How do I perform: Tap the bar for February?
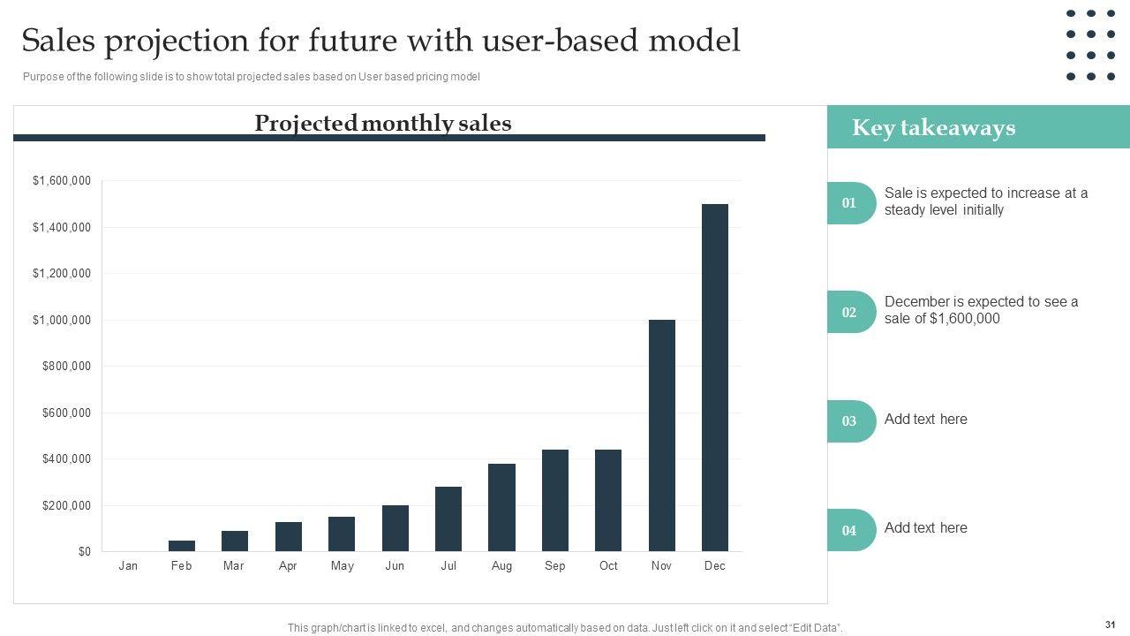coord(182,546)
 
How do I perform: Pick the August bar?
coord(501,507)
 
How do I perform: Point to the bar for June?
coord(395,528)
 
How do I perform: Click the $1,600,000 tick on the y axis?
coord(62,181)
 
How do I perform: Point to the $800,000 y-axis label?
coord(66,367)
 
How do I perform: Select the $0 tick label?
coord(84,552)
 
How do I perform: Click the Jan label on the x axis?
coord(128,566)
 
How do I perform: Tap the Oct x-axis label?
coord(608,566)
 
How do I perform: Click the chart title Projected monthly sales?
coord(382,123)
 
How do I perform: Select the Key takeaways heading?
coord(933,128)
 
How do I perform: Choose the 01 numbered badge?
coord(849,203)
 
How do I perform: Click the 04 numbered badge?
coord(849,531)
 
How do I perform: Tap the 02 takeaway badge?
coord(849,312)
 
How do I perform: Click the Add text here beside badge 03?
coord(925,420)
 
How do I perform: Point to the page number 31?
coord(1110,625)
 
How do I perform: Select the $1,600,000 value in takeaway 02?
coord(965,319)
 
